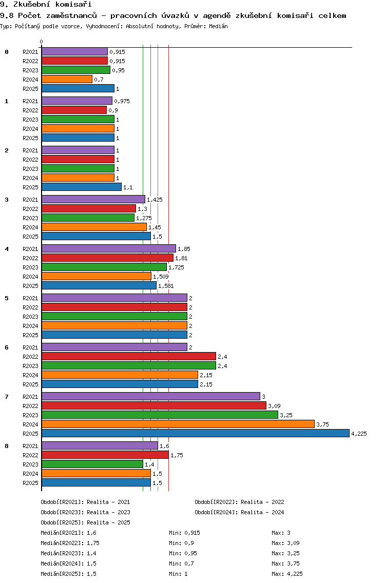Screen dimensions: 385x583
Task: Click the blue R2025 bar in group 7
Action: (196, 433)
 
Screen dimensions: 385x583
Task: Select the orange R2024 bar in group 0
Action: (67, 79)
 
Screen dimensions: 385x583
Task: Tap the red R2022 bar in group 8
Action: (105, 455)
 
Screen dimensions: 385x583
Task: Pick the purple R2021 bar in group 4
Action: (109, 248)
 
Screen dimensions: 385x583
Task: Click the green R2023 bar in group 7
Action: (160, 415)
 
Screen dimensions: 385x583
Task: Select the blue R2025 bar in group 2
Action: (82, 187)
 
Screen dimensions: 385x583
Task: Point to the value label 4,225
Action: (359, 434)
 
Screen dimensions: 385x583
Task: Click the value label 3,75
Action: (322, 424)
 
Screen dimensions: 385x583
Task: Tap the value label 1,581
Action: (166, 286)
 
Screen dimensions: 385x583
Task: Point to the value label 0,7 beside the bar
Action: (99, 80)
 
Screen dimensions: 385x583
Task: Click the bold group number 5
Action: (6, 298)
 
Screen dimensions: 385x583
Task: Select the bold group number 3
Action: (6, 200)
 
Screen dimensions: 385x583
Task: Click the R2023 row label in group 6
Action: (30, 366)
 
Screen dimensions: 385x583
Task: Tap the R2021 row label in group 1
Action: (30, 101)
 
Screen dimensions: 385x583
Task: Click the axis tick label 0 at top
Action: (41, 42)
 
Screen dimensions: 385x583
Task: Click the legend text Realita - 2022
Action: (262, 502)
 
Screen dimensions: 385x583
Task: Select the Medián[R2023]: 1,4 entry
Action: (68, 553)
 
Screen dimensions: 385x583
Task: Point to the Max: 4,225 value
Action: (287, 574)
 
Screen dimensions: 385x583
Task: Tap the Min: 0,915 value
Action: (184, 533)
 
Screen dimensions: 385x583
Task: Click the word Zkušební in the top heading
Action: (31, 5)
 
